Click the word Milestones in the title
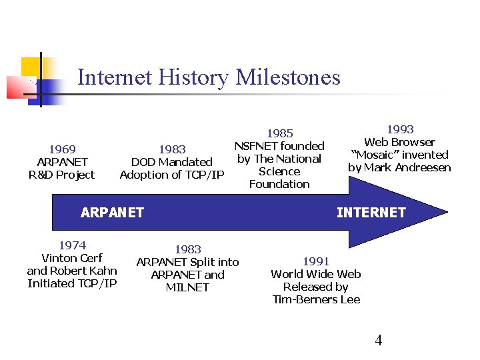pos(287,77)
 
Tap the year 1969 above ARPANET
pos(62,149)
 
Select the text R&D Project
pos(62,175)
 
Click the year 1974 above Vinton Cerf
pos(72,245)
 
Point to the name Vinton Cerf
pos(72,258)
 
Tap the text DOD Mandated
pos(172,162)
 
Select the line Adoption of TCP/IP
pos(172,175)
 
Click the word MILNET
pos(187,287)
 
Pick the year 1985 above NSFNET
pos(279,133)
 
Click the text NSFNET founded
pos(279,146)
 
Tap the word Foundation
pos(279,184)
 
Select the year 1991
pos(316,261)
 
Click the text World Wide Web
pos(316,274)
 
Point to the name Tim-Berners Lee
pos(316,299)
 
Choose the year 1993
pos(400,129)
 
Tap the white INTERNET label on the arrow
pos(371,213)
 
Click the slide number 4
pos(379,341)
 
